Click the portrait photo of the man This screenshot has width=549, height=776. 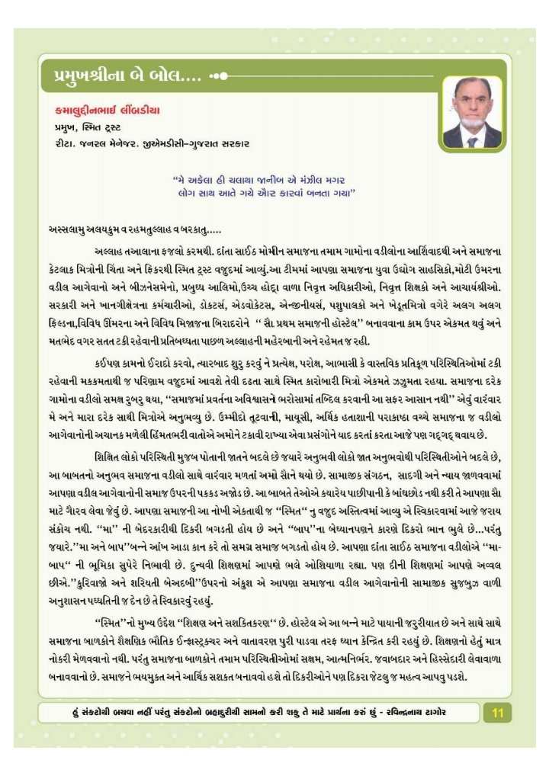(x=472, y=112)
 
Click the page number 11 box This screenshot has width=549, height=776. (x=498, y=713)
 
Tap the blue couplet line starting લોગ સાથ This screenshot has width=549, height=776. (x=265, y=194)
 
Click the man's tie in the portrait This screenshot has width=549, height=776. (x=472, y=141)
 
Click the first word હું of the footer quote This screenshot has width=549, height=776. (x=73, y=712)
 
